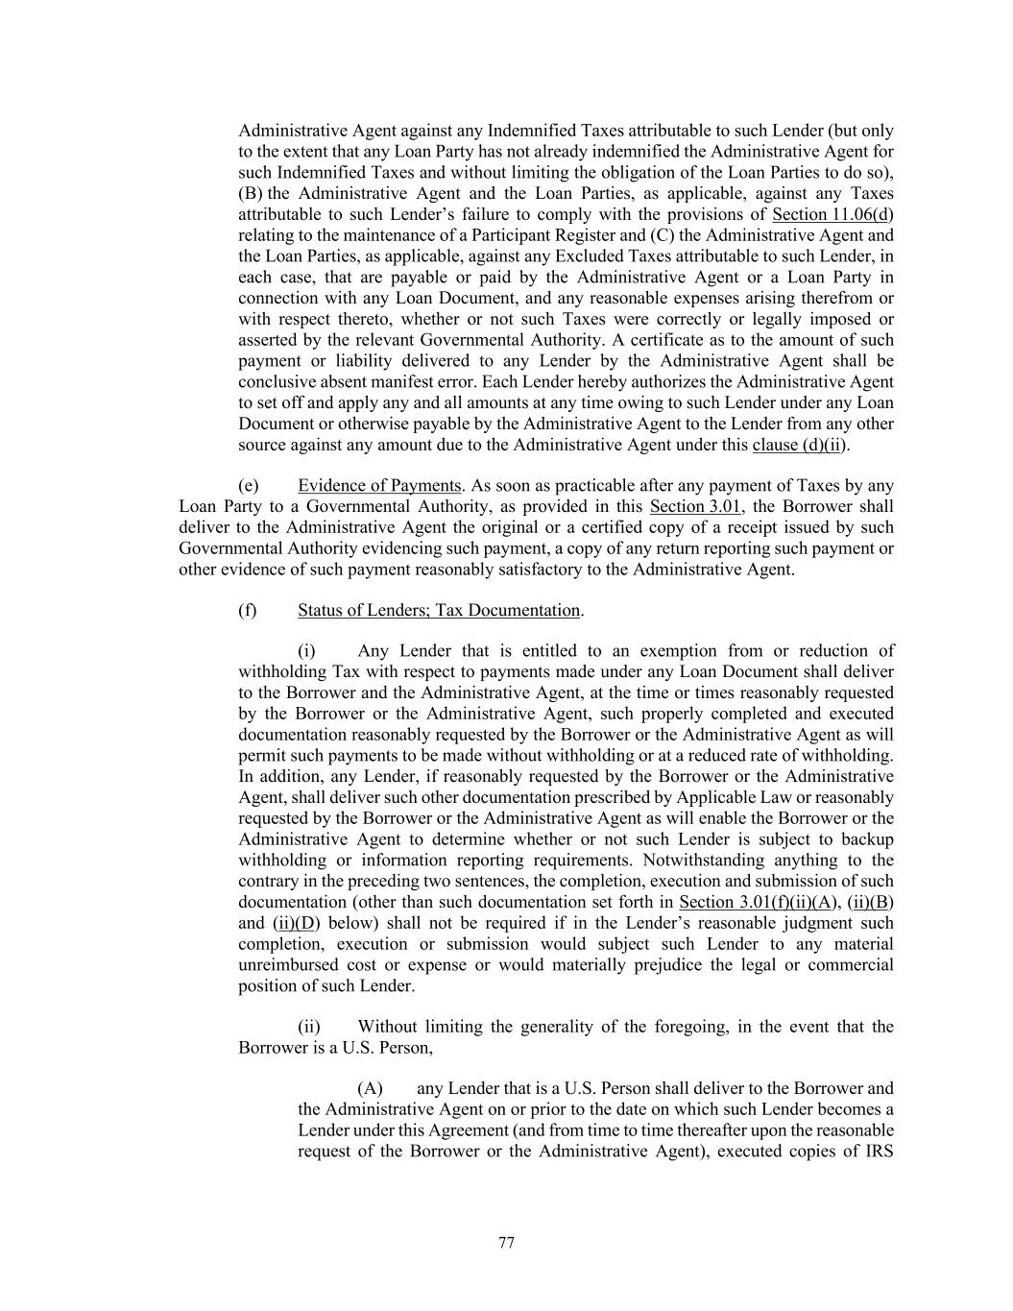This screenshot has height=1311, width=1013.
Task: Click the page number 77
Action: click(507, 1243)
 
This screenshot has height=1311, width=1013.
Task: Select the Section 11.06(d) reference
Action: click(832, 214)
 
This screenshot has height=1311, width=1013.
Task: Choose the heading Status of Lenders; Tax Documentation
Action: click(439, 610)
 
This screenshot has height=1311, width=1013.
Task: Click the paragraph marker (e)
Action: click(248, 485)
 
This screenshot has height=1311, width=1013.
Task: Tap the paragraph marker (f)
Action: click(247, 610)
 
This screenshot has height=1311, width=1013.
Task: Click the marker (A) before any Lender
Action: click(370, 1088)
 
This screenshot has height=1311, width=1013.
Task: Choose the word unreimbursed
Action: click(290, 964)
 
